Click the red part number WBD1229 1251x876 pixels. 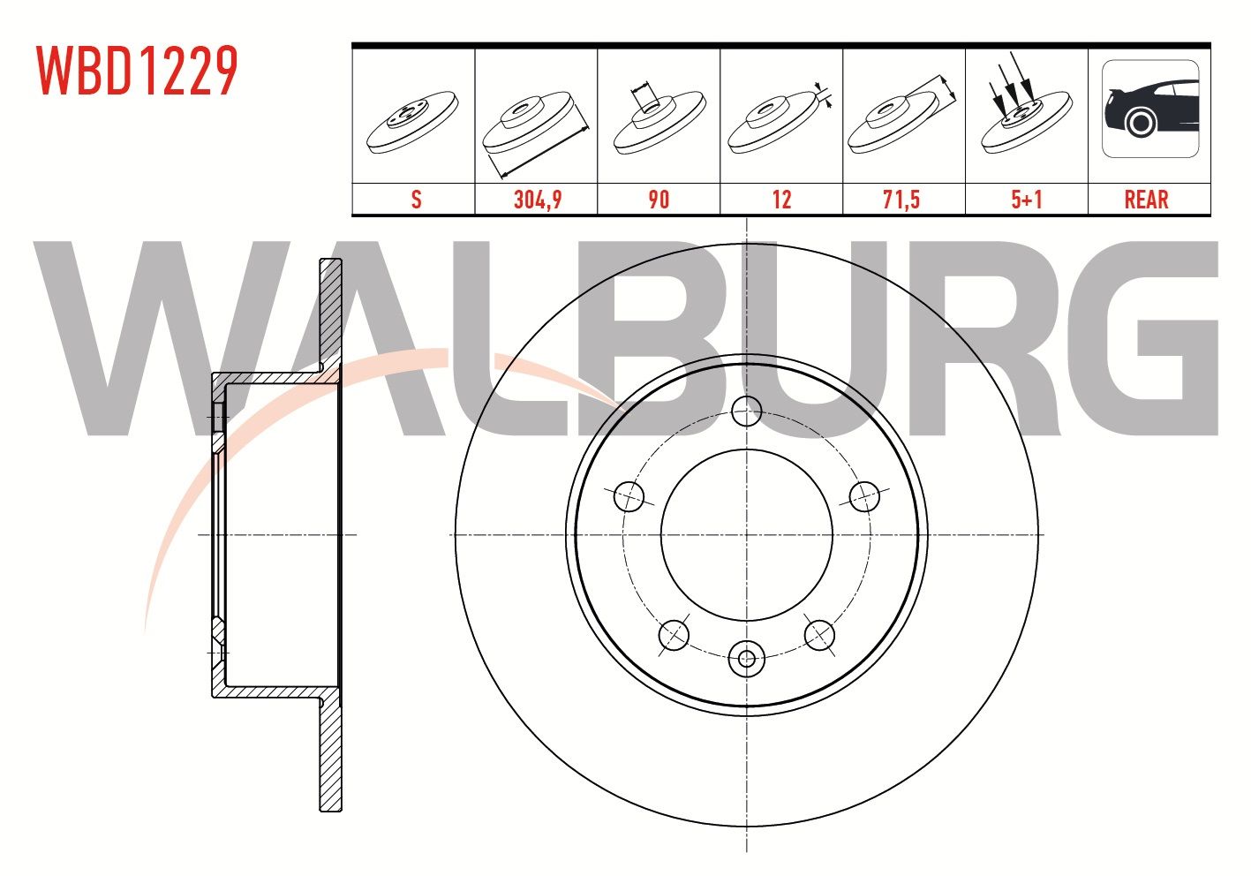pos(137,71)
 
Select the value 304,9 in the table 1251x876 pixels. pos(537,200)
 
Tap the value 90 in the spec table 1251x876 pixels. pos(659,200)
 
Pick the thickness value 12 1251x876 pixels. pos(781,200)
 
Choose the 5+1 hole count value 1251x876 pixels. pos(1026,200)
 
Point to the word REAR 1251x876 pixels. pos(1146,200)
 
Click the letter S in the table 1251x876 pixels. pos(416,200)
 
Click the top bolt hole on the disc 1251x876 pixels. pos(747,410)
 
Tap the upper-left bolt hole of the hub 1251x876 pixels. pos(629,495)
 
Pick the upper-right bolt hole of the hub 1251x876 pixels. pos(864,495)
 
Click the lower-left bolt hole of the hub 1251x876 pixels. pos(674,634)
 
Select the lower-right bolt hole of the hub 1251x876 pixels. pos(820,634)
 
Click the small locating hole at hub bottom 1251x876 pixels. pos(747,657)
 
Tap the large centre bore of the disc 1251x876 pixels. pos(747,535)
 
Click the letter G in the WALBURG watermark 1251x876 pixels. pos(1139,340)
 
